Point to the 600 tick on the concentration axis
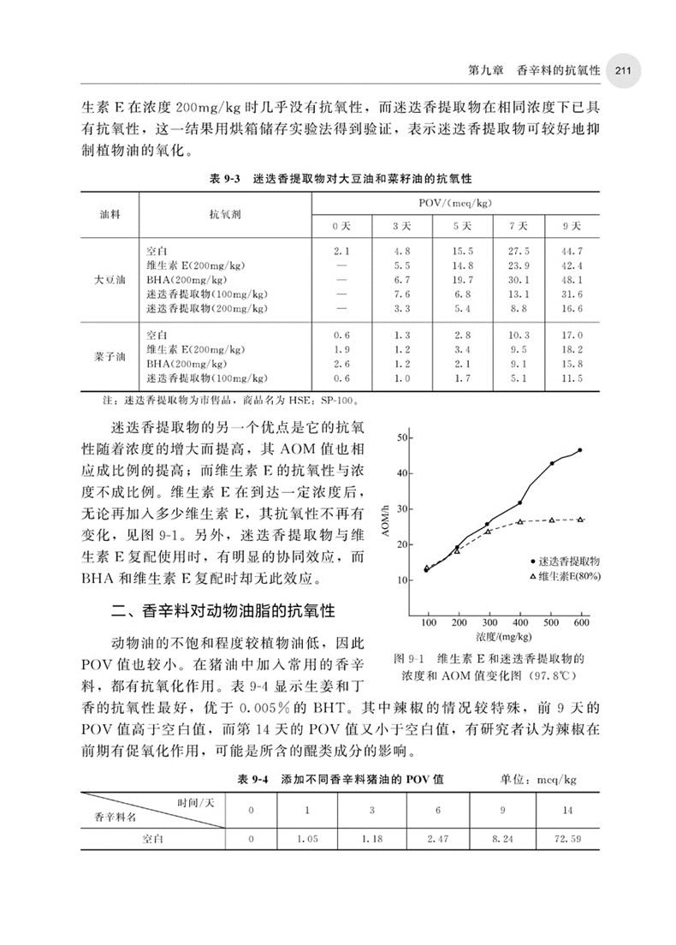pos(582,622)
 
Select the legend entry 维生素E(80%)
pos(568,578)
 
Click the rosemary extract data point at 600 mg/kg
pos(580,450)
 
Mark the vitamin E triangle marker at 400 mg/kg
pos(520,522)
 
